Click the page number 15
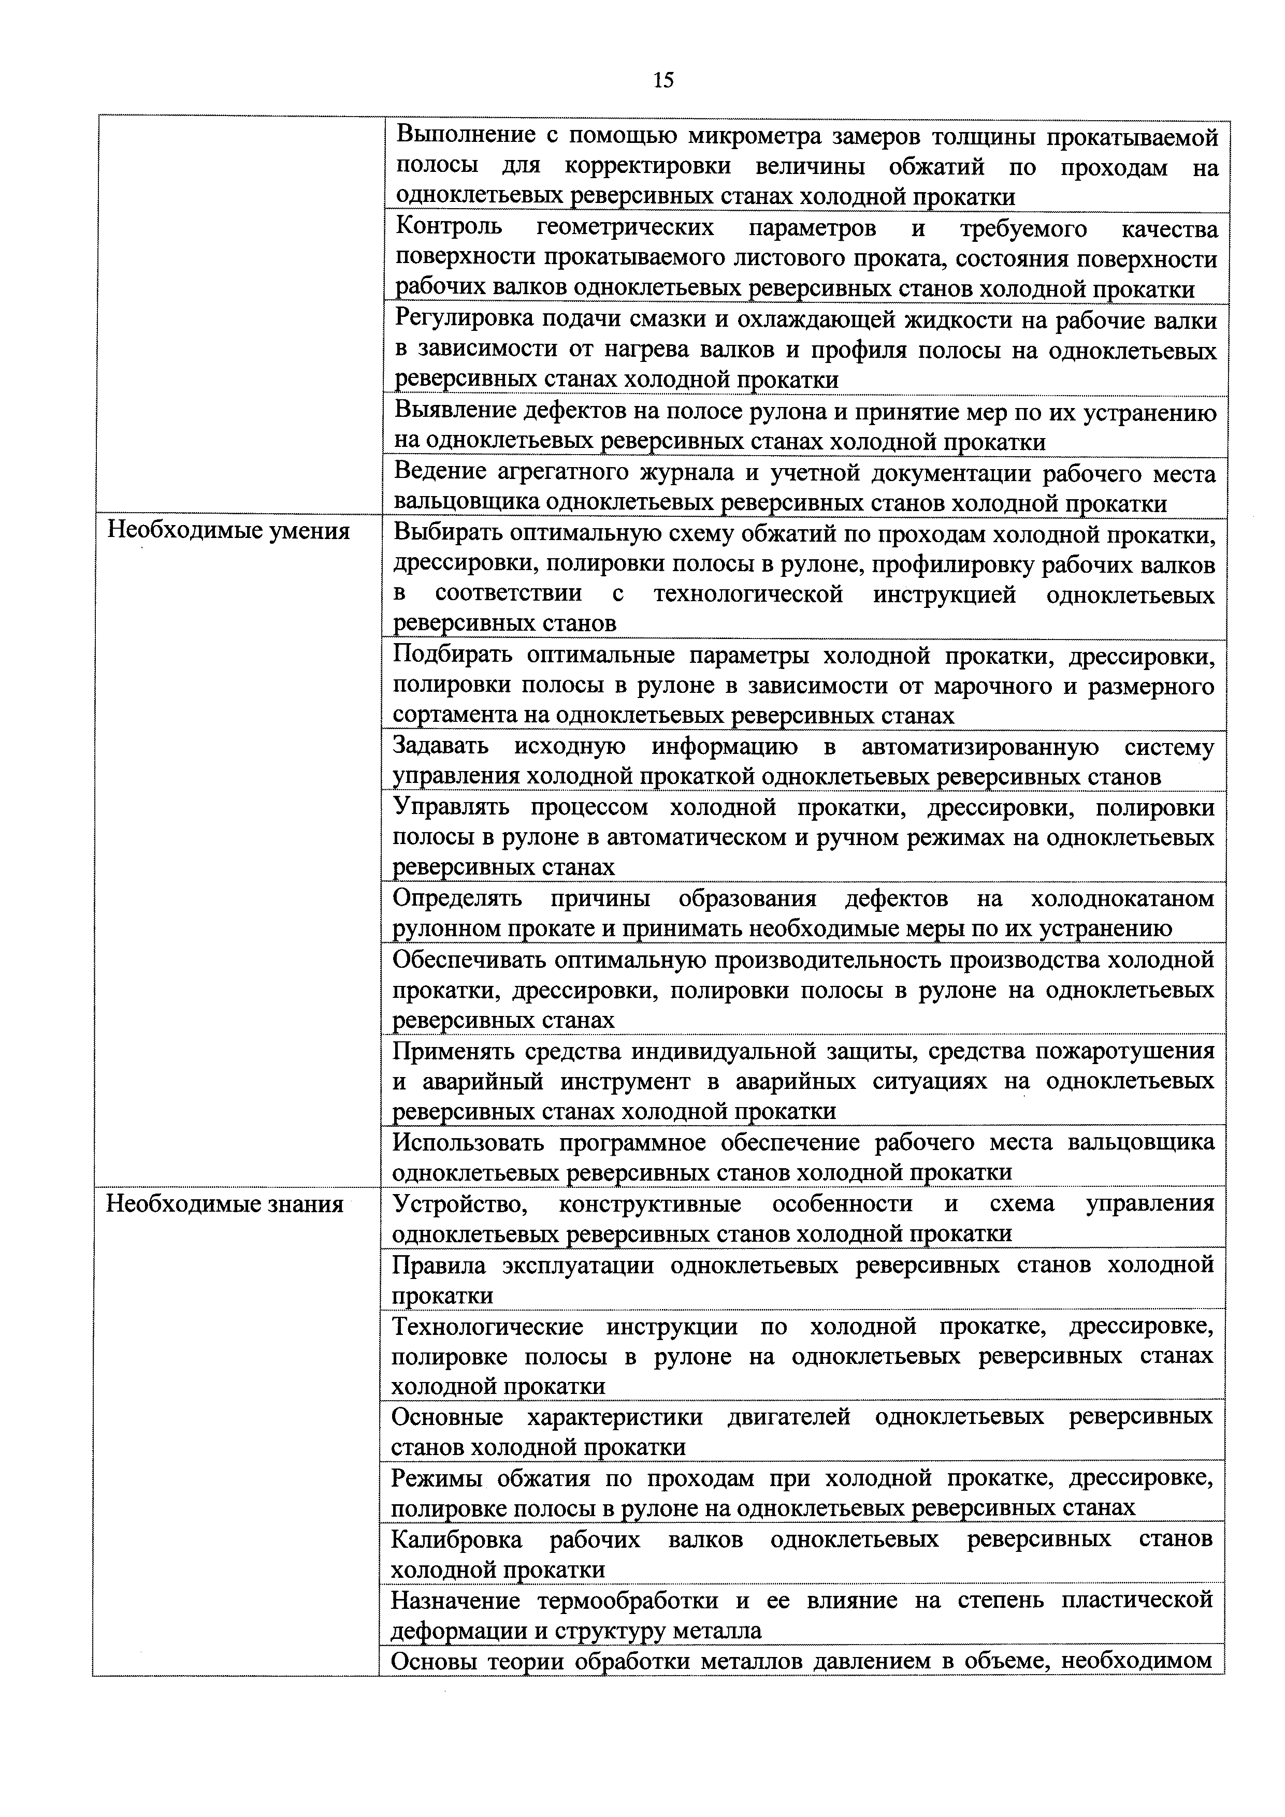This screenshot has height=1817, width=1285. coord(663,80)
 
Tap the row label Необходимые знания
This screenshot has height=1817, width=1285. coord(225,1204)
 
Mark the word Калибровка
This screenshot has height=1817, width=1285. coord(457,1539)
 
